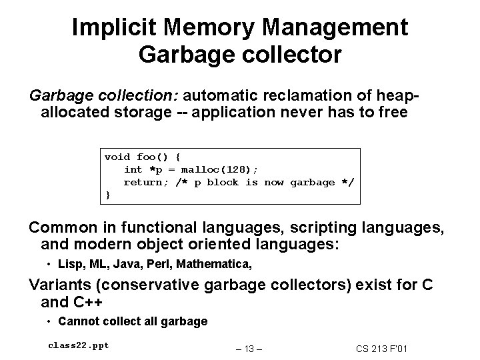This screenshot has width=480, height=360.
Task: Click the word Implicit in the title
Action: point(112,28)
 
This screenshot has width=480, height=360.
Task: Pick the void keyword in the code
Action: point(117,157)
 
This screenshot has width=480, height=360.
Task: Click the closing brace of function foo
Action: point(107,195)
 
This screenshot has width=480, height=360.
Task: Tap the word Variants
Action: point(61,285)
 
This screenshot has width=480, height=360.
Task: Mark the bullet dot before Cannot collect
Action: point(51,321)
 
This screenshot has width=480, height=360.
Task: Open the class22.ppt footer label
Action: point(79,345)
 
